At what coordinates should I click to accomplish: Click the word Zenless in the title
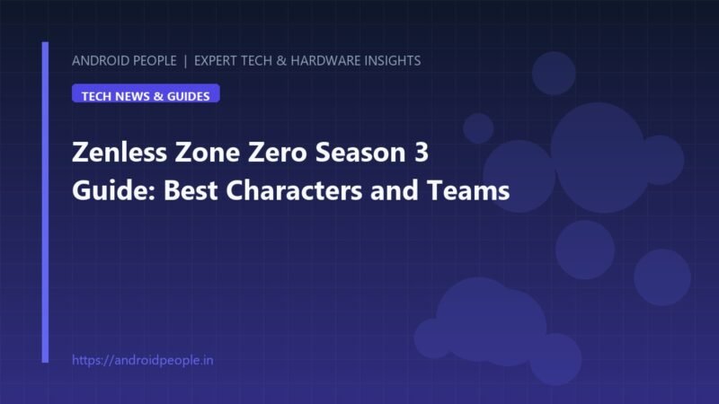[x=120, y=152]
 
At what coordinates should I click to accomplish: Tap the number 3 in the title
[x=422, y=152]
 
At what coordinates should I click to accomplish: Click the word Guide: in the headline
[x=114, y=190]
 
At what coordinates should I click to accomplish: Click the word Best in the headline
[x=191, y=190]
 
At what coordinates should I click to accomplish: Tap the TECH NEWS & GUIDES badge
[x=146, y=93]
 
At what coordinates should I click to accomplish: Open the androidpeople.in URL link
[x=143, y=361]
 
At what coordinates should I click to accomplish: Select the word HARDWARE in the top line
[x=325, y=61]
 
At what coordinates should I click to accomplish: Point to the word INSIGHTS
[x=393, y=61]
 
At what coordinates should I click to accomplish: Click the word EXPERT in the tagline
[x=216, y=61]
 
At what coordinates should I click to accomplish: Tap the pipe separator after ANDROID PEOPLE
[x=185, y=61]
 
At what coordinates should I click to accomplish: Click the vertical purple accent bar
[x=45, y=202]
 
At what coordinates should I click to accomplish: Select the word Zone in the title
[x=208, y=152]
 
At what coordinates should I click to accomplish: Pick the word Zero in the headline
[x=278, y=152]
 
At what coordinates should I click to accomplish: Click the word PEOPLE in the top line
[x=155, y=61]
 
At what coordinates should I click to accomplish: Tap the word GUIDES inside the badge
[x=189, y=96]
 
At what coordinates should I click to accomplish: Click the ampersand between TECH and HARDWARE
[x=281, y=61]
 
